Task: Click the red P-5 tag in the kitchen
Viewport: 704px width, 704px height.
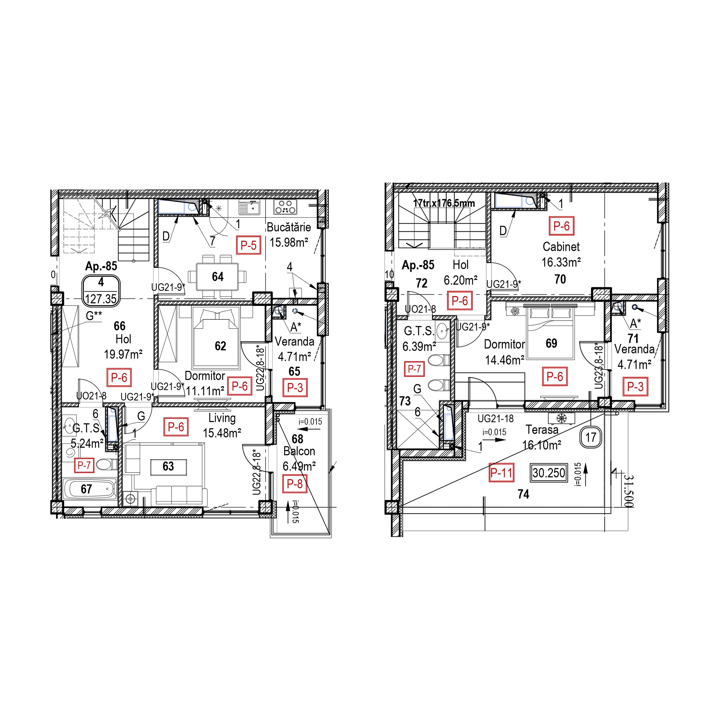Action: pyautogui.click(x=249, y=245)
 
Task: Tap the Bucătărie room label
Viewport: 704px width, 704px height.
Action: pyautogui.click(x=289, y=227)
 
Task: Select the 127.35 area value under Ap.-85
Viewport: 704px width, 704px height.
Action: pyautogui.click(x=101, y=299)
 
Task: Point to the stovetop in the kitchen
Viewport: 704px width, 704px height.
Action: pyautogui.click(x=285, y=207)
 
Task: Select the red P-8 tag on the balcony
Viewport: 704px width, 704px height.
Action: pyautogui.click(x=295, y=484)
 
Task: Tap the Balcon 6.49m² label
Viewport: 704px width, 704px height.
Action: pyautogui.click(x=299, y=459)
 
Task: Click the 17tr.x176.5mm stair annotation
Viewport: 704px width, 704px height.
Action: pyautogui.click(x=444, y=203)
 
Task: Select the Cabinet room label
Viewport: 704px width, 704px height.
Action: pyautogui.click(x=561, y=247)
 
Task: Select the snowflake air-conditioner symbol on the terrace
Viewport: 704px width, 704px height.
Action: pyautogui.click(x=562, y=418)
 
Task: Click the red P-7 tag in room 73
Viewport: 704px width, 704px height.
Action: pyautogui.click(x=414, y=369)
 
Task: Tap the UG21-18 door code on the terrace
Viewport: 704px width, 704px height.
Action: pyautogui.click(x=496, y=419)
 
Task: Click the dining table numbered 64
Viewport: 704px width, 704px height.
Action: pyautogui.click(x=218, y=277)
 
